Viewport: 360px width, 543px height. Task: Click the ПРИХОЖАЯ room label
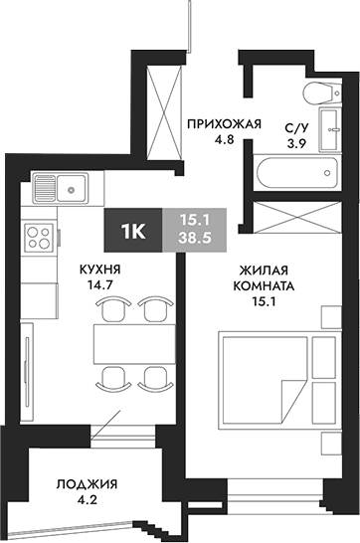pos(225,124)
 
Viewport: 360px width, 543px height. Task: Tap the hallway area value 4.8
pos(225,140)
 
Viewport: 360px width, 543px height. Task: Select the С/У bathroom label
pos(295,128)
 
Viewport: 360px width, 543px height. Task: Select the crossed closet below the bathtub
pos(295,218)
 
